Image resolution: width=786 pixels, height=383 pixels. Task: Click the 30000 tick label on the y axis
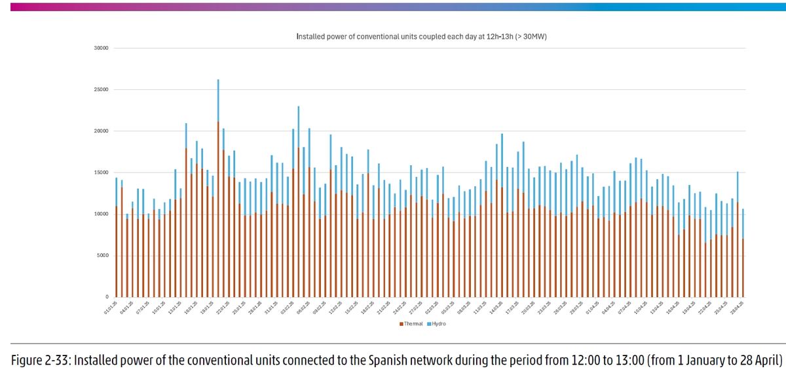[x=101, y=49]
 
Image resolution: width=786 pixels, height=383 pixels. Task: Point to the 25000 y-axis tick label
[x=101, y=90]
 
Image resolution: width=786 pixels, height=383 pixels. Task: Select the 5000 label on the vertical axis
[x=102, y=256]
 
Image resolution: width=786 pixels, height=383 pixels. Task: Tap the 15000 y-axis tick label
[x=101, y=172]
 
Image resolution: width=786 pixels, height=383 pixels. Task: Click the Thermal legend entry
[x=411, y=323]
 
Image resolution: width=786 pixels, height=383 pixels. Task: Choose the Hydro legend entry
[x=437, y=323]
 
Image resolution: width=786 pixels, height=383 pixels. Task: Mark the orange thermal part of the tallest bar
[x=218, y=210]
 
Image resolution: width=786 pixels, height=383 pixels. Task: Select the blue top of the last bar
[x=743, y=224]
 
